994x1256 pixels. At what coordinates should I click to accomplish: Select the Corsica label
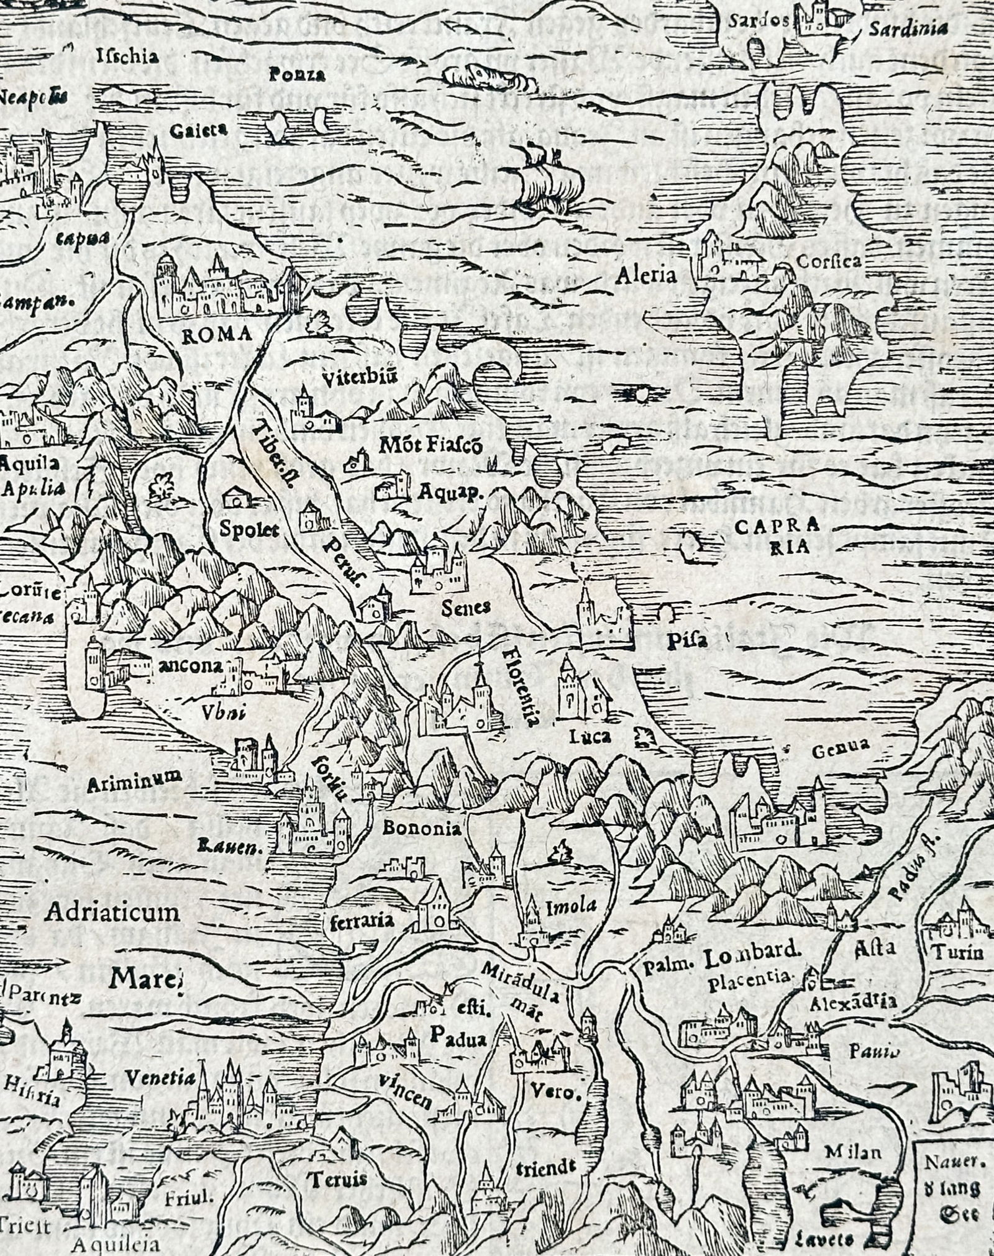coord(829,262)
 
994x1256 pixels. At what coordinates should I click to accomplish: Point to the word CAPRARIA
coord(777,536)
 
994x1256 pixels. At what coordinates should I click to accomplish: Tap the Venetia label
coord(160,1078)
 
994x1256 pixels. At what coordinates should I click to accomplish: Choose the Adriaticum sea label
coord(112,912)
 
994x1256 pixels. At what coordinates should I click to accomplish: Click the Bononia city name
coord(422,828)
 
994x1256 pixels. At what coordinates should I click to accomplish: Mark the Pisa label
coord(687,640)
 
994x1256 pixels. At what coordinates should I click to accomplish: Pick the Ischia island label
coord(127,57)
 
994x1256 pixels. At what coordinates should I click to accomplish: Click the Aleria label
coord(645,275)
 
